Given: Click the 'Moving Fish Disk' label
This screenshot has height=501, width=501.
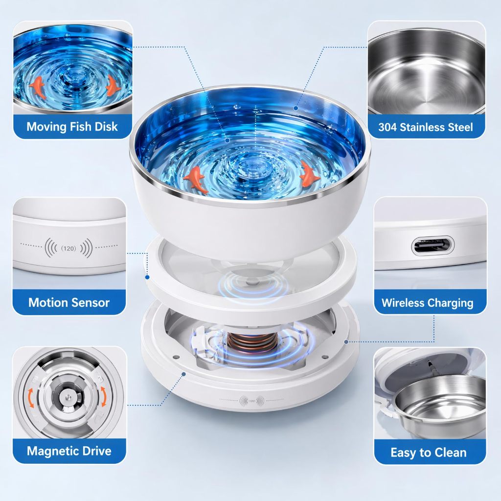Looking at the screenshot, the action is click(x=72, y=127).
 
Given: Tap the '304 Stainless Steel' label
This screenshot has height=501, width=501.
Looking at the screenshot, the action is click(x=426, y=127).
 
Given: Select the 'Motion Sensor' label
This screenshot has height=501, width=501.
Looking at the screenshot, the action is click(x=69, y=302).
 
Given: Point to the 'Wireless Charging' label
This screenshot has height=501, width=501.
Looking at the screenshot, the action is click(x=428, y=302).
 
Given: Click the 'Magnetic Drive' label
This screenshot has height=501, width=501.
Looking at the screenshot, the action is click(x=69, y=451).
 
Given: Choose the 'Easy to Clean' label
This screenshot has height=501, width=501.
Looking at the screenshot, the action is click(x=429, y=453).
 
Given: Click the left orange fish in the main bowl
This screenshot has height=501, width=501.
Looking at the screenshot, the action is click(x=196, y=180).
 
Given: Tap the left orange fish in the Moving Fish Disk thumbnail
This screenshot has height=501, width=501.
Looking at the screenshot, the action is click(x=37, y=86).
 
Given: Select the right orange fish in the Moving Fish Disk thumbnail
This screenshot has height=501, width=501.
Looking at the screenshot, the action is click(x=113, y=85).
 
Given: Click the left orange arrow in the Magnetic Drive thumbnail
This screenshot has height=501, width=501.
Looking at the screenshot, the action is click(x=31, y=398).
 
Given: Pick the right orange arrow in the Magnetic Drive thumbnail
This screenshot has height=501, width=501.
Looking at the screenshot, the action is click(x=104, y=396).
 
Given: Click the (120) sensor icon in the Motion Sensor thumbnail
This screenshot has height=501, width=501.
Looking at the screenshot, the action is click(x=68, y=248).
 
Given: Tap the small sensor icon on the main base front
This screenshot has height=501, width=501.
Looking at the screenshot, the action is click(x=252, y=401).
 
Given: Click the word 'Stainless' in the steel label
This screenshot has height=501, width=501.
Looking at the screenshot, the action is click(x=422, y=127).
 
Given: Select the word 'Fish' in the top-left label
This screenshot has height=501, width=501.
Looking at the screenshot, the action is click(x=80, y=127).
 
